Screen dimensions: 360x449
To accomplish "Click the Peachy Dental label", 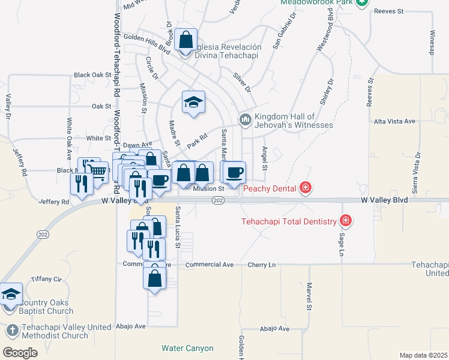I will [270, 189].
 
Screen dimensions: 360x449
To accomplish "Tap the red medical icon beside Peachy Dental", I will [306, 188].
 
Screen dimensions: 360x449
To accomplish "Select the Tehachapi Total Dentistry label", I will [289, 221].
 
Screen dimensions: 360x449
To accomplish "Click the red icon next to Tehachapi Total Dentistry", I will [345, 221].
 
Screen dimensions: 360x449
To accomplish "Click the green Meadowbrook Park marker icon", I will [361, 3].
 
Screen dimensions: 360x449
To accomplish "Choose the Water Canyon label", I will [187, 348].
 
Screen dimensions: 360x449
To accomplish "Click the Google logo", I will [20, 352].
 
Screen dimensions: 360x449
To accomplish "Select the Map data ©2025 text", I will [423, 355].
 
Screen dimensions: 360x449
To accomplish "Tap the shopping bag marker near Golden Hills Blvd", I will [186, 40].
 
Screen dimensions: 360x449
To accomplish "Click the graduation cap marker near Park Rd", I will [193, 103].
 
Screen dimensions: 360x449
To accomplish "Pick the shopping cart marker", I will [98, 173].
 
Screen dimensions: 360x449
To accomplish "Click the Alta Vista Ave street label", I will [394, 121].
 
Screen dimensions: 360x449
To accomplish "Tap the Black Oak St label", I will [92, 75].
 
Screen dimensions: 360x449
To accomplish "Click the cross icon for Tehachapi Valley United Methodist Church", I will [12, 331].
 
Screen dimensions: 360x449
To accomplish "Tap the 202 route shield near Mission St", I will [218, 200].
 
